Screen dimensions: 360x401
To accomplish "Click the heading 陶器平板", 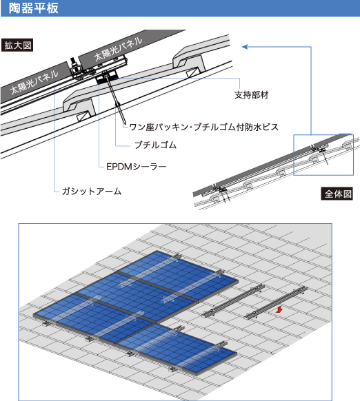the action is pyautogui.click(x=34, y=8).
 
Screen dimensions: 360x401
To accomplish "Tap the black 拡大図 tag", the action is pyautogui.click(x=17, y=45).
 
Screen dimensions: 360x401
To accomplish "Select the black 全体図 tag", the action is pyautogui.click(x=337, y=194).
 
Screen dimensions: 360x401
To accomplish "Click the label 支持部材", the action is pyautogui.click(x=252, y=95).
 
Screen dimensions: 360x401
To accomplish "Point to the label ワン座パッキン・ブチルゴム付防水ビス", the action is pyautogui.click(x=204, y=127).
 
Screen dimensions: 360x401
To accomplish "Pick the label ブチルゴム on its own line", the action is pyautogui.click(x=155, y=145).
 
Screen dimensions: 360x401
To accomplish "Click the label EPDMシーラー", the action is pyautogui.click(x=137, y=167).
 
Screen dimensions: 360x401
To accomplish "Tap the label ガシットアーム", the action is pyautogui.click(x=92, y=192).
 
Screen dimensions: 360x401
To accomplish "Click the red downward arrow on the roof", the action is pyautogui.click(x=279, y=310).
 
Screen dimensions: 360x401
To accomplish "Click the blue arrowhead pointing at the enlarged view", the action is pyautogui.click(x=245, y=47).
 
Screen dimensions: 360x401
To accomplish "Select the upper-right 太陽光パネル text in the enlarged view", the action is pyautogui.click(x=118, y=48).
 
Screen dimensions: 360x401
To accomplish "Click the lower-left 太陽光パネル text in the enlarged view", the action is pyautogui.click(x=34, y=82).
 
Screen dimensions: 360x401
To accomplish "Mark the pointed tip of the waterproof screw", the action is pyautogui.click(x=124, y=124).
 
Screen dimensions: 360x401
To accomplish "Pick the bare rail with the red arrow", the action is pyautogui.click(x=275, y=303).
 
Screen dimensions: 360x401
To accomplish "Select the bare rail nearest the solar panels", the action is pyautogui.click(x=232, y=301).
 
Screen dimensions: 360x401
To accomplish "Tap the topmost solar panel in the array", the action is pyautogui.click(x=179, y=275).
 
